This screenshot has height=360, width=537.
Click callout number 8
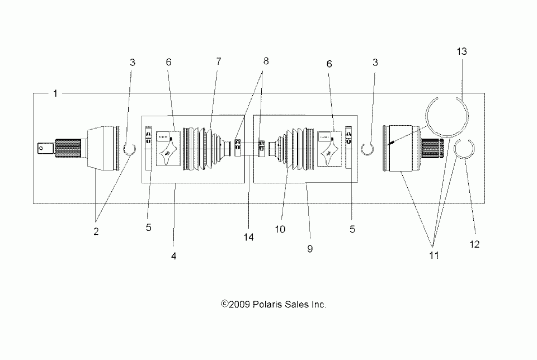(x=266, y=62)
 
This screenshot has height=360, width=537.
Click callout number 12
(x=475, y=244)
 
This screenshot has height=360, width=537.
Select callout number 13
(x=461, y=51)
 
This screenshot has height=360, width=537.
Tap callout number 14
(x=249, y=237)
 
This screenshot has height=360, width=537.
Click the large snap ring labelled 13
(x=446, y=117)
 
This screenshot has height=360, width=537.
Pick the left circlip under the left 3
(x=129, y=149)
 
